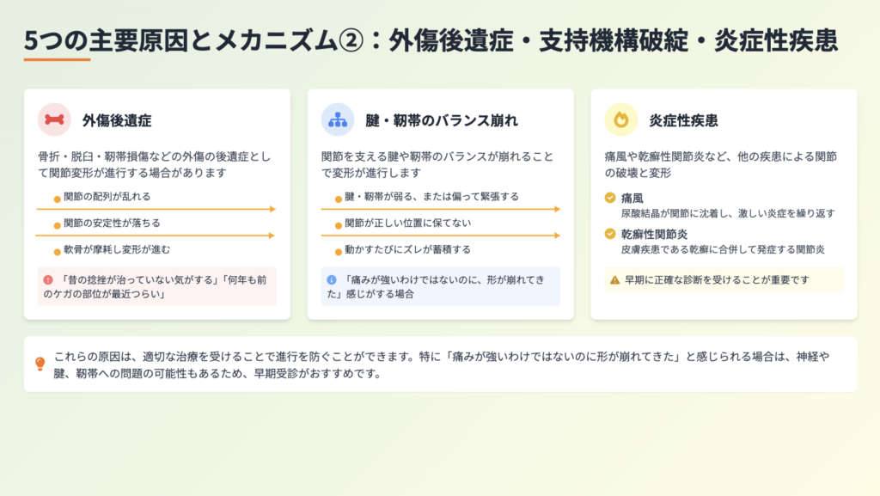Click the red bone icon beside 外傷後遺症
pos(54,119)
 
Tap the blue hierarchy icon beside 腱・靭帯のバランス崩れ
pos(337,119)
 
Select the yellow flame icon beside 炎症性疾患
pos(620,119)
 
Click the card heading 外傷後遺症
pos(117,120)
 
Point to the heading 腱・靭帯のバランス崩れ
pos(442,120)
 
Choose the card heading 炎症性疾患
pos(683,120)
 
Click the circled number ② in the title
pos(351,41)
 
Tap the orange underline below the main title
pos(57,59)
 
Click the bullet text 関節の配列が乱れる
pos(107,196)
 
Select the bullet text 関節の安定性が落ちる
pos(112,223)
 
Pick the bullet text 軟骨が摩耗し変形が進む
pos(117,249)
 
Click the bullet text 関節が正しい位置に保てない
pos(407,223)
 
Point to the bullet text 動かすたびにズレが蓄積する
pos(407,249)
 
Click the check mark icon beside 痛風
pos(610,198)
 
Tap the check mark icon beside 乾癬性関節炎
pos(610,234)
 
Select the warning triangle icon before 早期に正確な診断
pos(614,280)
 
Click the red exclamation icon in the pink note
pos(48,279)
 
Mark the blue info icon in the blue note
pos(332,279)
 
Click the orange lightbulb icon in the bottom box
pos(40,364)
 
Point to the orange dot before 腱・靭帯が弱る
pos(339,199)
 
